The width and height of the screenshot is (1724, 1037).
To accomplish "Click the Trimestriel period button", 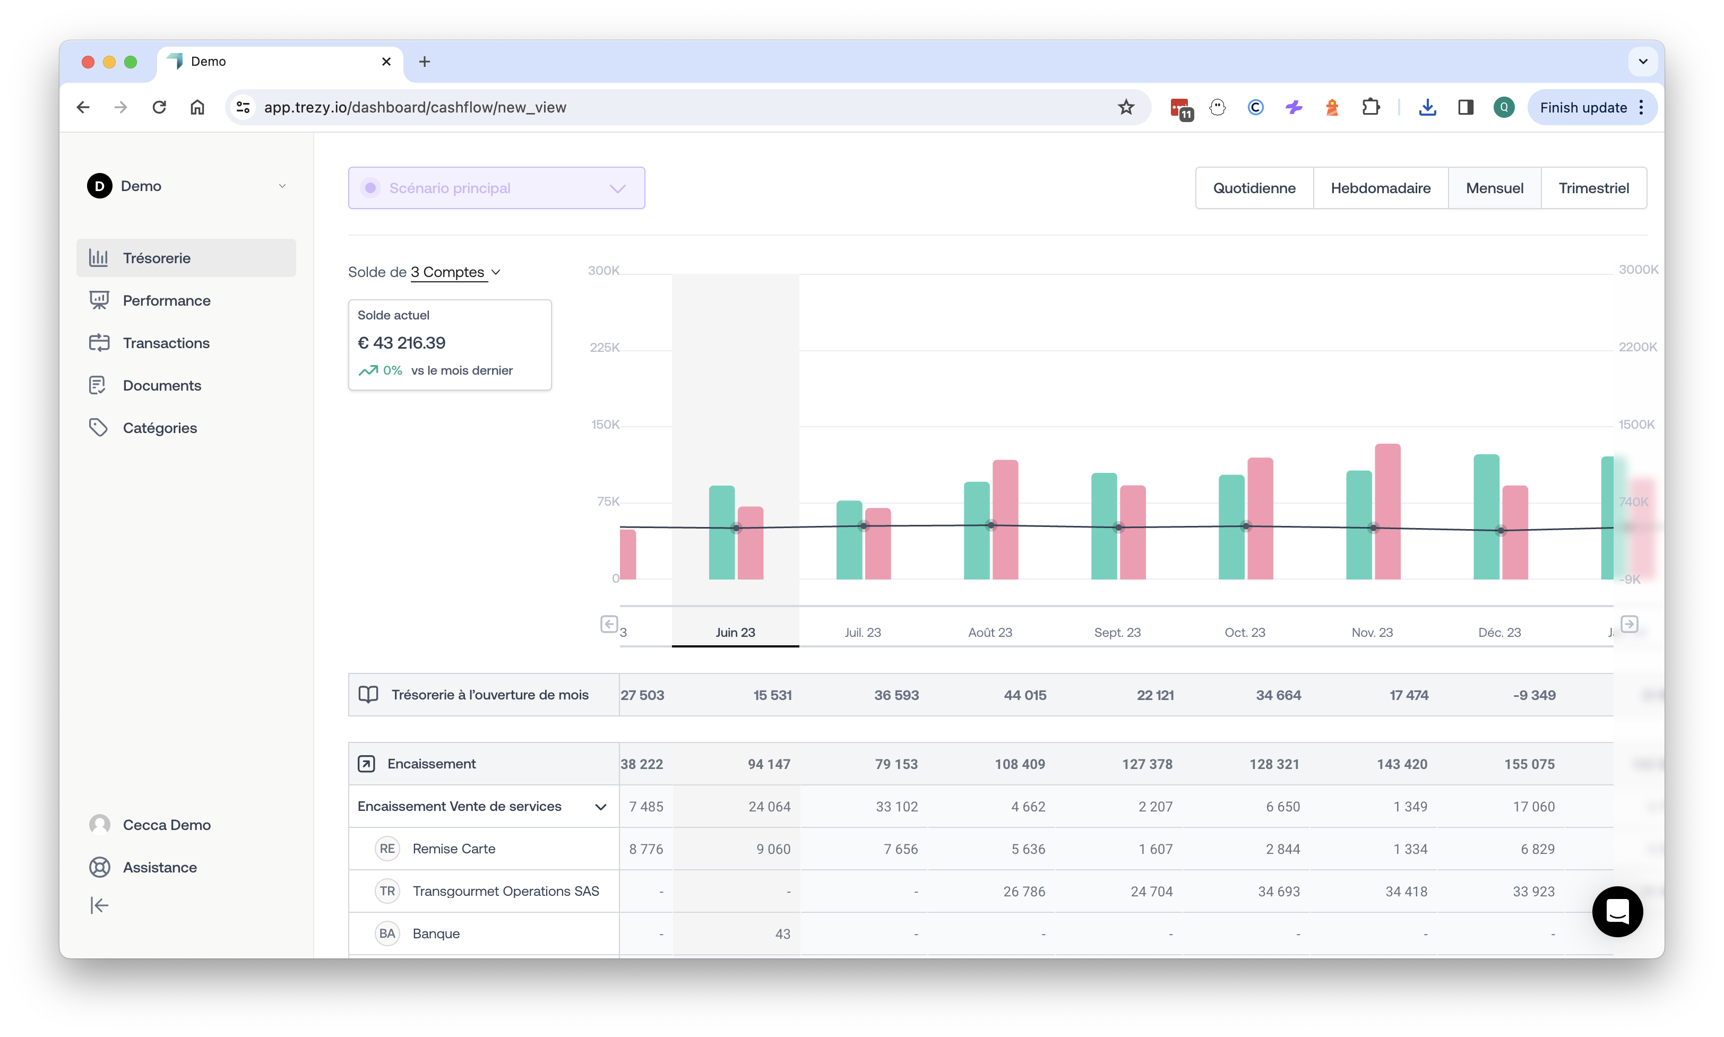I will pos(1593,188).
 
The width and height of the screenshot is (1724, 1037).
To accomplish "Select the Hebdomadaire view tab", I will pos(1380,188).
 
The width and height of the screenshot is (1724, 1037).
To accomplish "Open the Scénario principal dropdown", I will pos(496,188).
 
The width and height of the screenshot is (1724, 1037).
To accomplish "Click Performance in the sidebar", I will pos(166,300).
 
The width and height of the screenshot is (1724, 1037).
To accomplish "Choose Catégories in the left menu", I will pos(159,428).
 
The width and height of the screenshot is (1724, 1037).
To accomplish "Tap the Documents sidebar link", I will pos(161,385).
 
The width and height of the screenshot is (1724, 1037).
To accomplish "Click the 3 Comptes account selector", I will pos(455,272).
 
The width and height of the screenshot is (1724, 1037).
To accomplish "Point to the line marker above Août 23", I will pos(990,525).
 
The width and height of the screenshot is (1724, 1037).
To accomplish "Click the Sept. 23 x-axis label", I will pos(1117,633).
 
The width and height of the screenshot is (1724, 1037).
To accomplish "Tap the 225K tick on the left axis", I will pos(605,347).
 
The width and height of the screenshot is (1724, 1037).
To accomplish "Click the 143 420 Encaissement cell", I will pos(1402,764).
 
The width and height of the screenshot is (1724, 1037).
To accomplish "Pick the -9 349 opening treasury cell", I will pos(1534,695).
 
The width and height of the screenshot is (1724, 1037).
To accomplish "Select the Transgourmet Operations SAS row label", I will pos(505,891).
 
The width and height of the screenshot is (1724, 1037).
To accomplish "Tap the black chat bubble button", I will pos(1617,911).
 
